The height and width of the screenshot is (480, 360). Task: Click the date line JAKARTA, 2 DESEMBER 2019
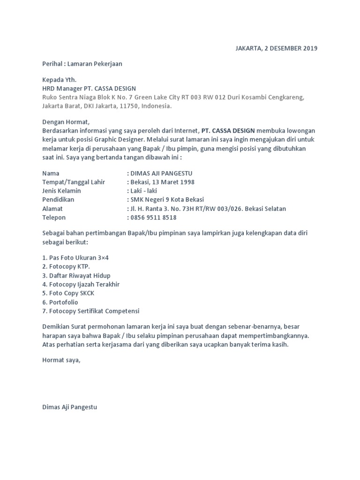coord(276,48)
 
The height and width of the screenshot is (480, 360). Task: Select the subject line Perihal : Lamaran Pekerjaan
coord(82,64)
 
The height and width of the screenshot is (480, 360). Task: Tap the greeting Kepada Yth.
coord(59,80)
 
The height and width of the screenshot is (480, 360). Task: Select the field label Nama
coord(51,173)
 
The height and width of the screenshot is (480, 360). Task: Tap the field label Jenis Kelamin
coord(61,191)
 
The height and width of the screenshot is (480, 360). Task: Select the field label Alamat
coord(52,209)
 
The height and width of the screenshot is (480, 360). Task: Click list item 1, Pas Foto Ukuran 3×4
coord(75,258)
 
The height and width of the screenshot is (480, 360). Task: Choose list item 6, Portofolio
coord(60,302)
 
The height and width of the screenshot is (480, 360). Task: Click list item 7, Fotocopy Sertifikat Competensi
coord(91,311)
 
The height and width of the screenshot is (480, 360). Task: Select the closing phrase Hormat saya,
coord(61,360)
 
